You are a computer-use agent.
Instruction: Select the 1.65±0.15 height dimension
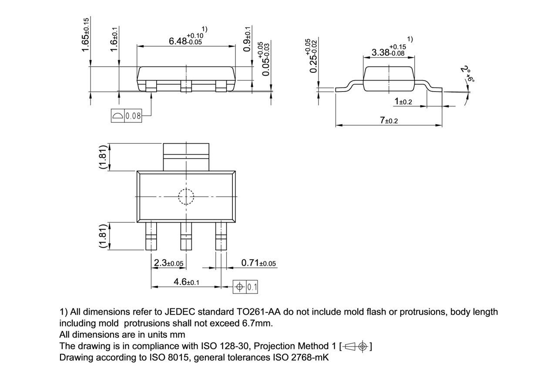click(86, 35)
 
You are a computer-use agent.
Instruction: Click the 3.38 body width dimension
click(387, 51)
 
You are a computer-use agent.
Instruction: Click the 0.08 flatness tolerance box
click(127, 116)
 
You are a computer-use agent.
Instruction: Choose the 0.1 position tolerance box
click(246, 287)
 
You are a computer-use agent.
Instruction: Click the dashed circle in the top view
click(186, 196)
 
